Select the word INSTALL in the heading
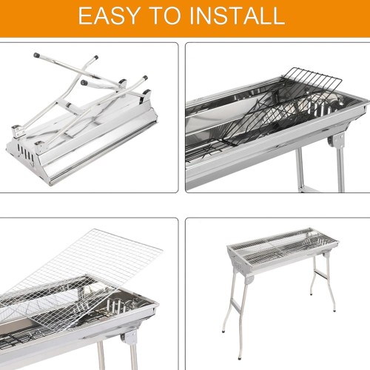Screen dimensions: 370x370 point(238,16)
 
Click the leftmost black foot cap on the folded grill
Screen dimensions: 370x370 point(37,55)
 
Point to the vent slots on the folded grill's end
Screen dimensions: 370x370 point(25,153)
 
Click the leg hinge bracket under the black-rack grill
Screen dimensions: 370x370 point(336,141)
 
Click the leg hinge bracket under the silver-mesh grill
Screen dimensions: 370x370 point(128,338)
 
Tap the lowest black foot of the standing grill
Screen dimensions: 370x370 point(240,357)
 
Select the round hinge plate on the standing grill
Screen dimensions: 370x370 point(249,280)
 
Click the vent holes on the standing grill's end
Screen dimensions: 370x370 point(238,266)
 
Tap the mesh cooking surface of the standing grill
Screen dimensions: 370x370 point(283,246)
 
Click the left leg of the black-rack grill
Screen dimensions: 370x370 point(300,169)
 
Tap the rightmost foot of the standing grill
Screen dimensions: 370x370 point(334,309)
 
